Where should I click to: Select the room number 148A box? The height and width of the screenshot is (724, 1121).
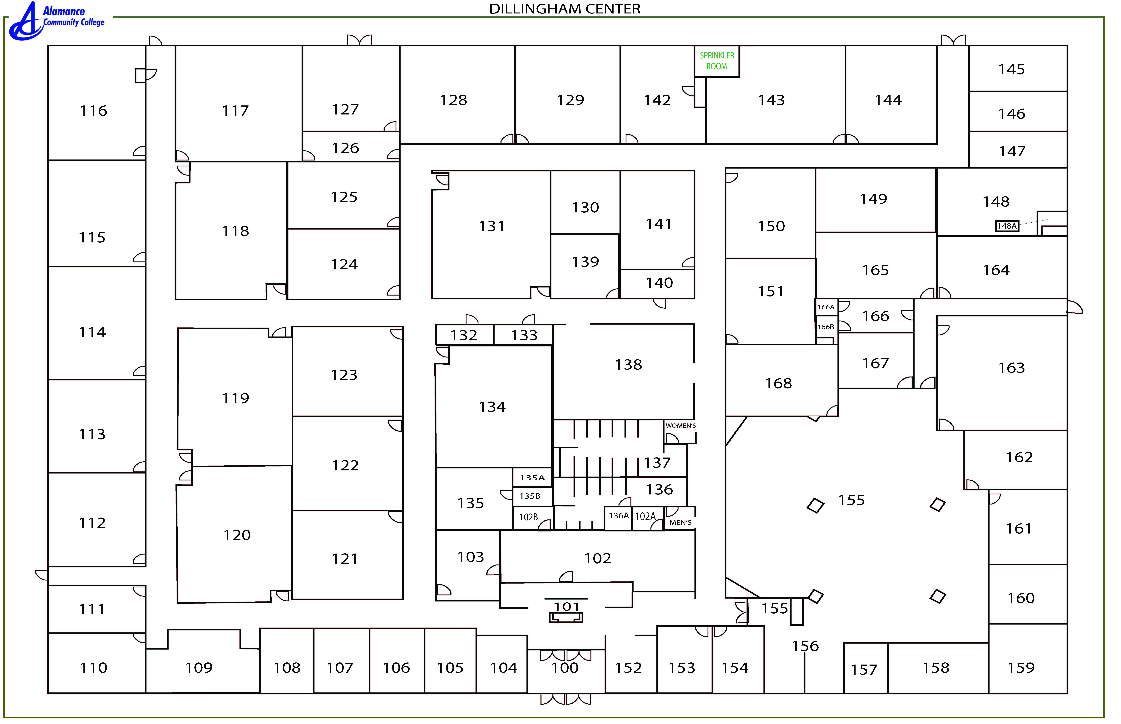coord(1006,226)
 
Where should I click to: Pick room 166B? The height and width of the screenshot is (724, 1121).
coord(826,327)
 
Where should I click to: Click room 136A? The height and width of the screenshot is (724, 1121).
coord(618,516)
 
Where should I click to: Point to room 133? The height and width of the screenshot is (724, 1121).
coord(524,335)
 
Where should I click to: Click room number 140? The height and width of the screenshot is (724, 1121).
coord(659,283)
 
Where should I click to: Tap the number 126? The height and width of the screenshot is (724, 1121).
coord(345,148)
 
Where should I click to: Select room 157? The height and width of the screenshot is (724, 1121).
coord(864,669)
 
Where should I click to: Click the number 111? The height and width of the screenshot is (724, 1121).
coord(92,609)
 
